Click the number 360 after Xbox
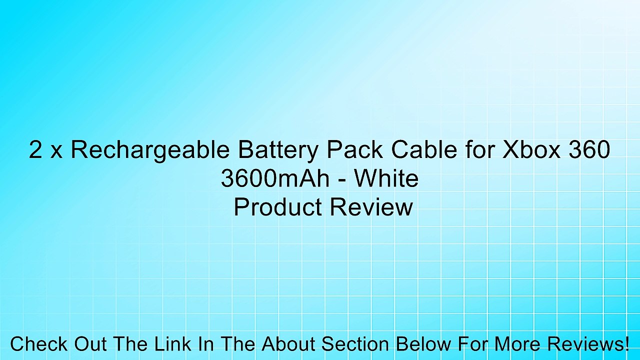[589, 150]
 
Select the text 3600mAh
[274, 179]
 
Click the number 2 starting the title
[35, 150]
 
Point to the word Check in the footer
[39, 344]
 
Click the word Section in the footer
[354, 344]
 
